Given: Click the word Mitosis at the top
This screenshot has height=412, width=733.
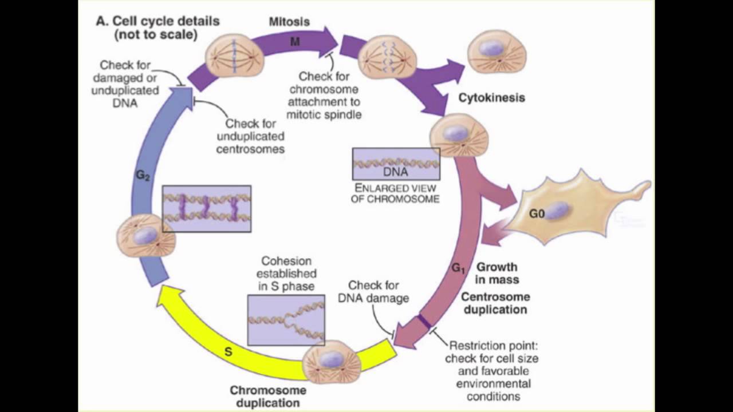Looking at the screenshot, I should click(x=289, y=22).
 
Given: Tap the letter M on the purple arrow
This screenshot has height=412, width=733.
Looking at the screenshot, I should click(x=295, y=42).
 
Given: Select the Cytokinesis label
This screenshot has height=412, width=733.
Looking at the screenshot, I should click(x=491, y=98).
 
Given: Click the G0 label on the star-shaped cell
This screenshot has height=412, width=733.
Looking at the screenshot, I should click(x=537, y=214).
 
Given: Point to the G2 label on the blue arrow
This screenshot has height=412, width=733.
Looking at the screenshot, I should click(x=143, y=176).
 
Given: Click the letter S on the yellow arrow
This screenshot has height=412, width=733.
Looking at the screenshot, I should click(x=228, y=352).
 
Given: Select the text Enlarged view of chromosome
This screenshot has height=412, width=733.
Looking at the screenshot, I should click(x=396, y=193).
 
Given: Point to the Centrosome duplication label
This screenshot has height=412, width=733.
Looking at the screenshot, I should click(x=495, y=303).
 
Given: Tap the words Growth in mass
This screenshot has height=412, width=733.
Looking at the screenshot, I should click(x=497, y=273).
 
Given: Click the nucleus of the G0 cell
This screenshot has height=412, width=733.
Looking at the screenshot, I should click(x=556, y=210).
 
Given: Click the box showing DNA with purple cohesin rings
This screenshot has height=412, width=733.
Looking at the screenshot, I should click(x=207, y=208).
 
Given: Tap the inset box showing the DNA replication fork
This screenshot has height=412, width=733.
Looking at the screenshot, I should click(x=286, y=320).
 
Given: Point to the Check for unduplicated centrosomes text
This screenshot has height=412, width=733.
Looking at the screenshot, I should click(x=254, y=136).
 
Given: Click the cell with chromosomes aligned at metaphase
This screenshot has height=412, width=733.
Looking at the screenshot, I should click(x=234, y=55).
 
